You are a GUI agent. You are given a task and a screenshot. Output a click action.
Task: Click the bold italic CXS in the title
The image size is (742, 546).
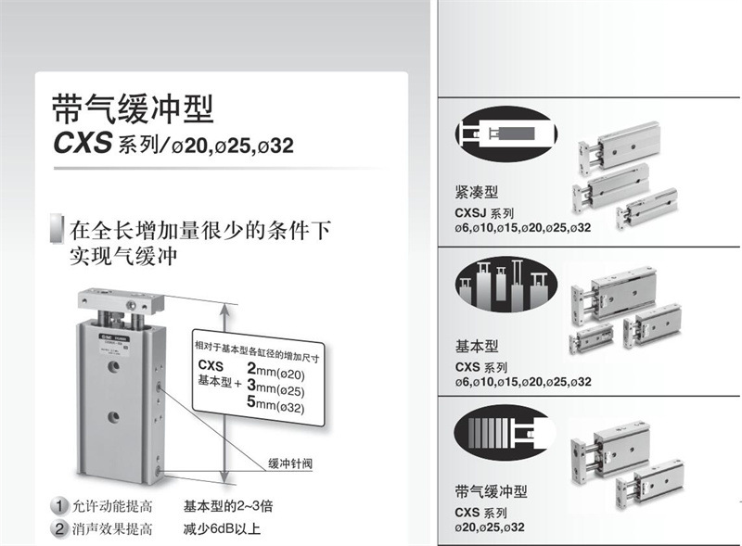[83, 145]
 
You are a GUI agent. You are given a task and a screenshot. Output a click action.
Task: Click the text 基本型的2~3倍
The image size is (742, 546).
[227, 506]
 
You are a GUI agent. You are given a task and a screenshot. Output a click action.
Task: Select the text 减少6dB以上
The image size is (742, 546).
[222, 529]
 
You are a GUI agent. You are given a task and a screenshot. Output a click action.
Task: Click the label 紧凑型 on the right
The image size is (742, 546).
[476, 192]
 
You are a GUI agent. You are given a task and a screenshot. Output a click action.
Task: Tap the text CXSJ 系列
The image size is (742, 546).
[488, 212]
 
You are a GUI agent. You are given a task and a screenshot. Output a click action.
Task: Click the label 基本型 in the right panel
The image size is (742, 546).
[476, 346]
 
